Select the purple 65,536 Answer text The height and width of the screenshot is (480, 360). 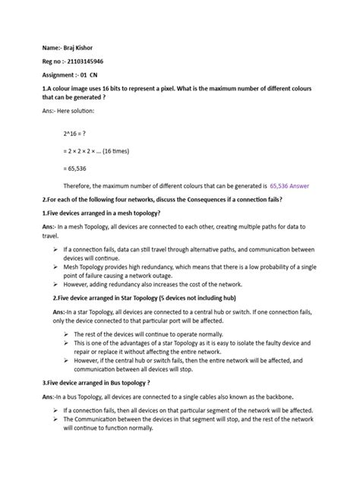click(x=290, y=185)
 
